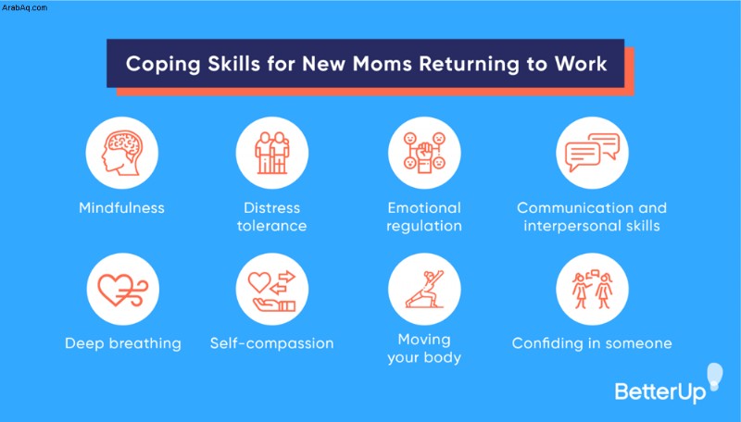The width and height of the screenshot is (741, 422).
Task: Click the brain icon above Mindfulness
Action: tap(121, 153)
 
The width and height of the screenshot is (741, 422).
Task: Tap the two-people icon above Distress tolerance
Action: tap(271, 153)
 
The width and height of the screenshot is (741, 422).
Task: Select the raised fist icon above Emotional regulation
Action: tap(424, 152)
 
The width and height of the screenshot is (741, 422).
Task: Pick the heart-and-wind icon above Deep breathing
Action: tap(123, 290)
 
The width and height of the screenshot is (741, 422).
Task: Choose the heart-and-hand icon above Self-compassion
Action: tap(271, 290)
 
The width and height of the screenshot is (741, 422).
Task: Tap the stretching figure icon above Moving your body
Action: tap(424, 289)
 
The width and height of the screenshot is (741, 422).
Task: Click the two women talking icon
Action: tap(592, 289)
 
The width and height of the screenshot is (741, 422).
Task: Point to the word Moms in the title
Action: tap(383, 64)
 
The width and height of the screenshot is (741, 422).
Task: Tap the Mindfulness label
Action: tap(121, 207)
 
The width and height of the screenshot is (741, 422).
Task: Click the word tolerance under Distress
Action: tap(271, 226)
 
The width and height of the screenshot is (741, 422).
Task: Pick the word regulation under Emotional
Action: tap(424, 227)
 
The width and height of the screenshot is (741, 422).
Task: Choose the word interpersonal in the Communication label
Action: tap(572, 226)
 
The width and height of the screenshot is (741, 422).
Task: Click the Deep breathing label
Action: tap(123, 343)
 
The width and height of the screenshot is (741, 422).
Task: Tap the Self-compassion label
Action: tap(271, 343)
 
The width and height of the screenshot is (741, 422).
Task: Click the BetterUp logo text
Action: tap(660, 391)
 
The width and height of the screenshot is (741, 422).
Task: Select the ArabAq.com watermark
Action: tap(24, 7)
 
